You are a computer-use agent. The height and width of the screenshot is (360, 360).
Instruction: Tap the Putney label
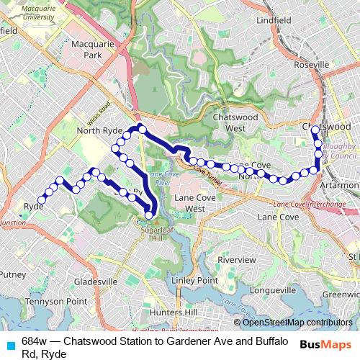[x=12, y=274]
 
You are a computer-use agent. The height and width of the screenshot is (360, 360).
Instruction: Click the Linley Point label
[x=195, y=279]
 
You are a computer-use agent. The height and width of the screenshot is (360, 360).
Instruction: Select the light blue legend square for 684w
[x=9, y=343]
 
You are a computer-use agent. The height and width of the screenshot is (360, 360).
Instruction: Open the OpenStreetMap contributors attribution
[x=297, y=322]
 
